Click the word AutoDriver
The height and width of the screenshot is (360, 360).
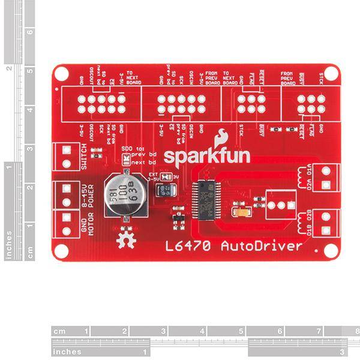point(260,246)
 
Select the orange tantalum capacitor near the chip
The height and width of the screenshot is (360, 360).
point(244,212)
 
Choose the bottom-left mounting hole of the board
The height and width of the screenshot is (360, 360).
point(60,252)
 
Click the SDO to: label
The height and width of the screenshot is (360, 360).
point(134,147)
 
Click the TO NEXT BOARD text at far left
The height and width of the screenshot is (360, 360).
point(133,77)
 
